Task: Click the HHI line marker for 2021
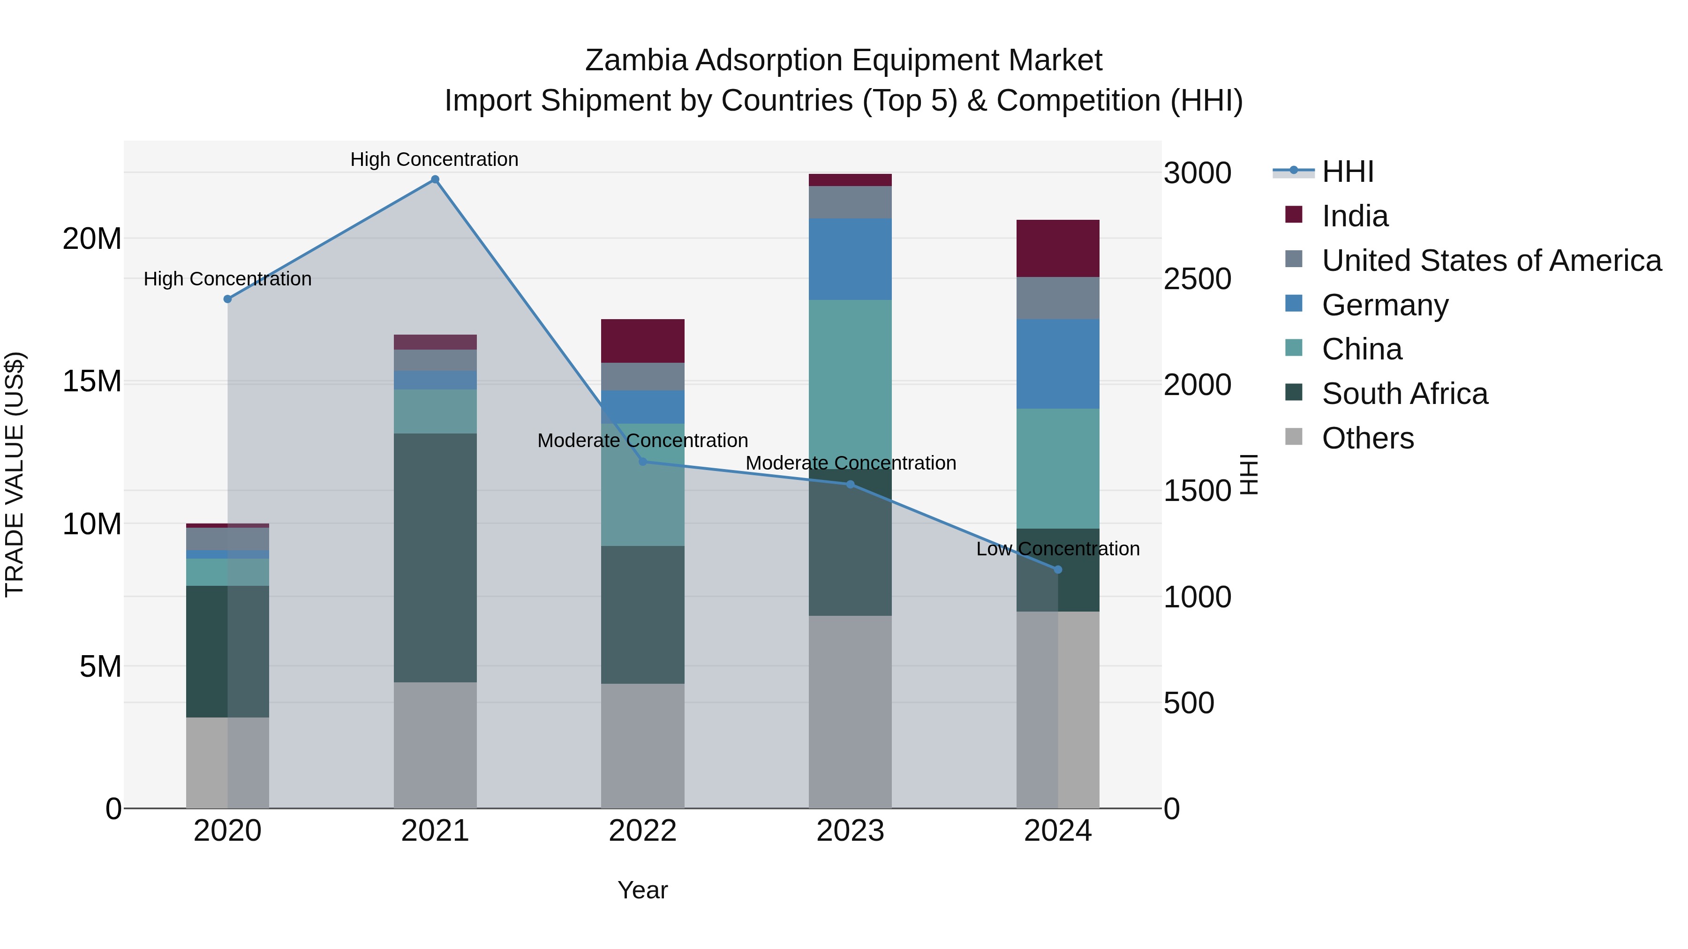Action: point(435,179)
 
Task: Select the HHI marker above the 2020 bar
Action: point(227,299)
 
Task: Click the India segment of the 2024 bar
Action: point(1058,248)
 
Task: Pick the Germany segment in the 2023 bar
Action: point(850,259)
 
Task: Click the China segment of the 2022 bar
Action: point(642,485)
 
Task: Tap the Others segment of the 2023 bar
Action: point(850,711)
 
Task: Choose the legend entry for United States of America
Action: point(1491,261)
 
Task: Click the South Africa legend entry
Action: point(1404,394)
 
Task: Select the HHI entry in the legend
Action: point(1347,172)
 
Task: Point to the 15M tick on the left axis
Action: point(92,381)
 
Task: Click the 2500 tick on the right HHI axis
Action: point(1197,279)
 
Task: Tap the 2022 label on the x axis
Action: point(642,831)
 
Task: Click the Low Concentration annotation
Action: point(1058,549)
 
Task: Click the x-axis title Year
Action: point(642,890)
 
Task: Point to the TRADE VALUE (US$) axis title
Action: point(15,474)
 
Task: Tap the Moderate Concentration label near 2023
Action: point(851,463)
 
